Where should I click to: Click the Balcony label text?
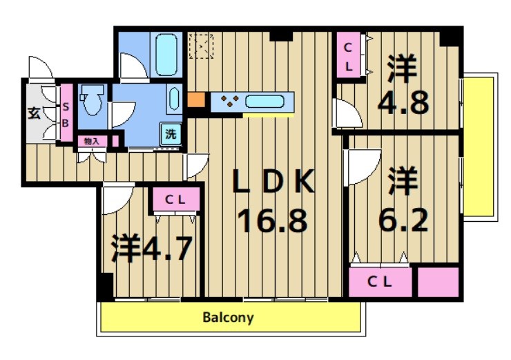click(229, 319)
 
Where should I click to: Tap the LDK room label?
click(273, 182)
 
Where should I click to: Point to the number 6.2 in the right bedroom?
click(403, 220)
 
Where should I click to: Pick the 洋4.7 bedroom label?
click(151, 248)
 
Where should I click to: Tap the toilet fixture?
click(90, 101)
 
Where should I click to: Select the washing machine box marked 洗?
click(171, 134)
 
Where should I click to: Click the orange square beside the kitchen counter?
click(196, 100)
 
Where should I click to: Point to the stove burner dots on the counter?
click(229, 102)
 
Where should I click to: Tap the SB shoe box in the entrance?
click(66, 113)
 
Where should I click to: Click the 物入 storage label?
click(92, 141)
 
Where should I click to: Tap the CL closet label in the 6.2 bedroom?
click(379, 281)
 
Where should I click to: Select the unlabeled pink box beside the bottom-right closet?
click(438, 281)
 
